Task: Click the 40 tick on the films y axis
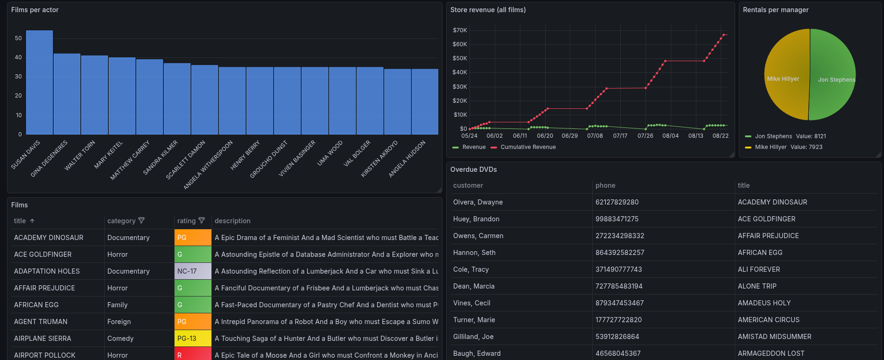coord(18,57)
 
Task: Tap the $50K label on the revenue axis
coord(460,58)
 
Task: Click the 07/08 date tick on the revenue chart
coord(595,136)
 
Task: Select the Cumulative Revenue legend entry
coord(528,147)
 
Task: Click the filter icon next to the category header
coord(141,220)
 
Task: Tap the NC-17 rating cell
coord(192,271)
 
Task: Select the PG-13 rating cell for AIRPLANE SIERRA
coord(192,339)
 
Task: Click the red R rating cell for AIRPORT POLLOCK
coord(192,355)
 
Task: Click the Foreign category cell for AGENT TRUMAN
coord(119,322)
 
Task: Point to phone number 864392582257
coord(620,253)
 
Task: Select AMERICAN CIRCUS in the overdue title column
coord(768,320)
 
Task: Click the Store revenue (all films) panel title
coord(488,10)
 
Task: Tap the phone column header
coord(605,185)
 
